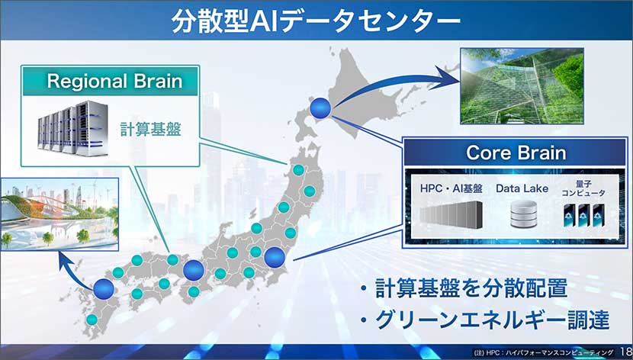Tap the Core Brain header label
coord(516,153)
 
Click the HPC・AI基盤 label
coord(451,188)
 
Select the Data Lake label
coord(522,188)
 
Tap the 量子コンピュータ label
coord(583,188)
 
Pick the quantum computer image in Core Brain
coord(583,217)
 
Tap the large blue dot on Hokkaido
coord(321,108)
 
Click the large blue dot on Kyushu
coord(103,288)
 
